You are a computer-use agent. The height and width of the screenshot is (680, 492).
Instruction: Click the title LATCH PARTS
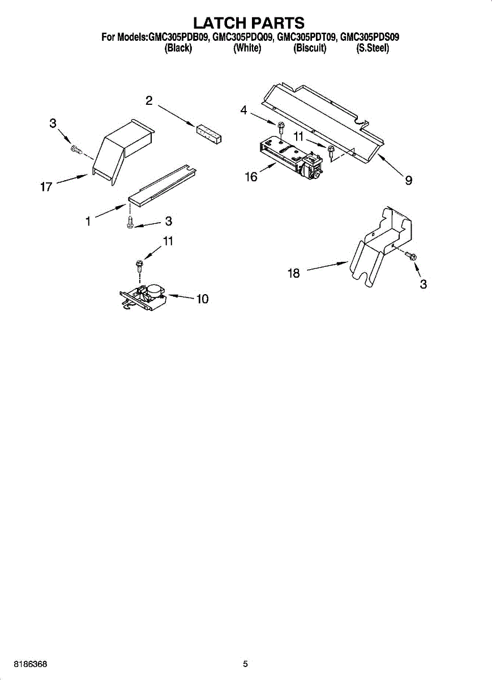click(249, 23)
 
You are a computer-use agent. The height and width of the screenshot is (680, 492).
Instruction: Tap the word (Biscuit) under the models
click(310, 49)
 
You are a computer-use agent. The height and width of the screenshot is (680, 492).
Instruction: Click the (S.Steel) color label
click(372, 49)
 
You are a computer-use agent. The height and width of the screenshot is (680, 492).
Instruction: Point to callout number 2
click(148, 101)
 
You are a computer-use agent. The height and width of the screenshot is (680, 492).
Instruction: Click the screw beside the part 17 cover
click(76, 149)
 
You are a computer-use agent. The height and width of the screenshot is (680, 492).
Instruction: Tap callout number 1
click(88, 222)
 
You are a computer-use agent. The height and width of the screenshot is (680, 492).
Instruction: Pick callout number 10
click(202, 299)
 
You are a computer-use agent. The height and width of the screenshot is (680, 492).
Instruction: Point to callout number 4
click(243, 110)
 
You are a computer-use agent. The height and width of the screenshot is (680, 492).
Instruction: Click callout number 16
click(251, 177)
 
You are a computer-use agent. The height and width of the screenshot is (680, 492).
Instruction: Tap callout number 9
click(408, 181)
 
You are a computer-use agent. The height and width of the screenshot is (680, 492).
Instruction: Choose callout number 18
click(293, 273)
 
